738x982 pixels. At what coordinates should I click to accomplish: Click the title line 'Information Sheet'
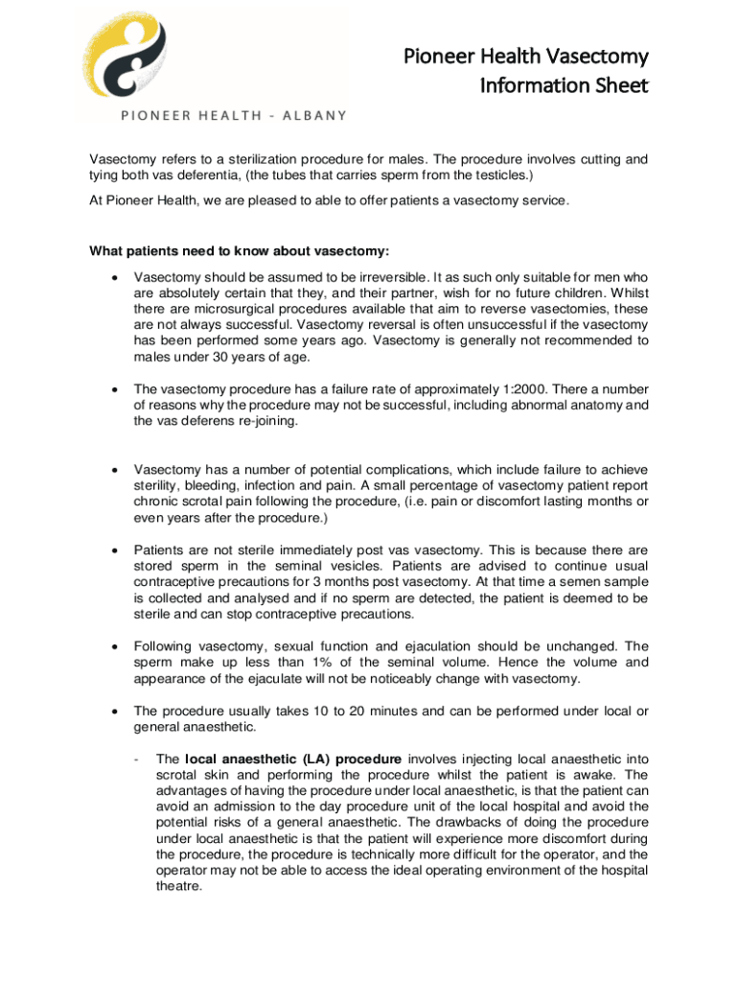tap(564, 85)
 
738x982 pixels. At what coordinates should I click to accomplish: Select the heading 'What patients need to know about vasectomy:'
tap(240, 252)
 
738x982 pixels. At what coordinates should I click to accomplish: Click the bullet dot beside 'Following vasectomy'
tap(116, 646)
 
